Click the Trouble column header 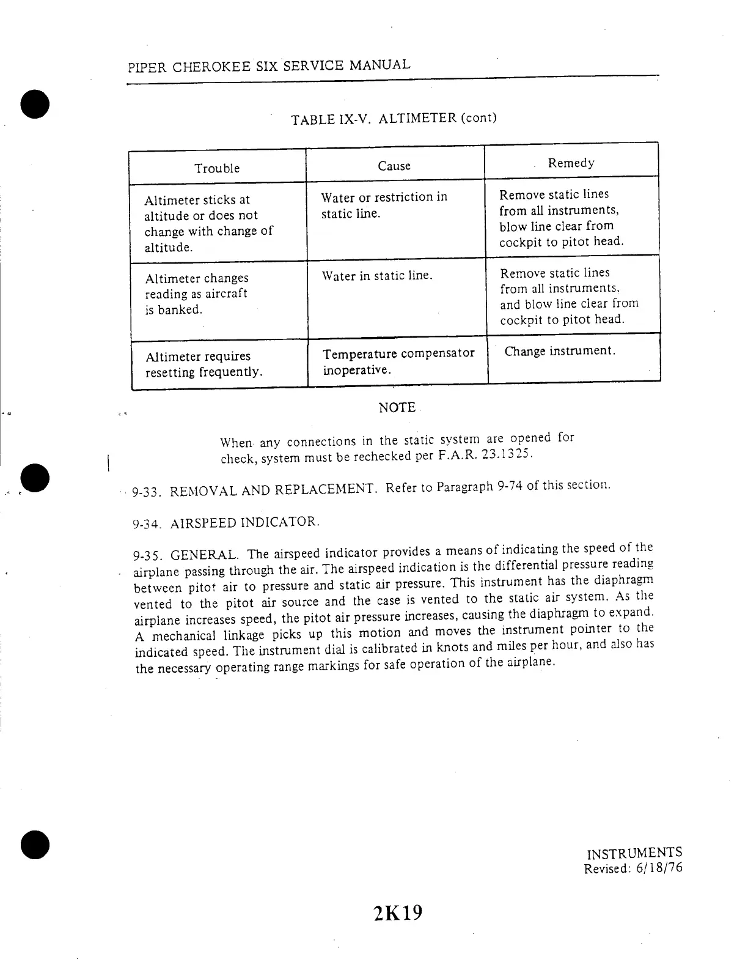coord(217,168)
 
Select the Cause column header coord(394,166)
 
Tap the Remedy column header coord(571,163)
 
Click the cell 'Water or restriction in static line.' coord(384,205)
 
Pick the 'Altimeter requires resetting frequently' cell coord(204,364)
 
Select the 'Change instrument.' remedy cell coord(560,351)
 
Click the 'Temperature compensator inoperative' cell coord(398,362)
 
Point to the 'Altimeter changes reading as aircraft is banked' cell coord(196,294)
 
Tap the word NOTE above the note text coord(397,408)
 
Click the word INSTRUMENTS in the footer coord(634,853)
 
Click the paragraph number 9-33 coord(146,492)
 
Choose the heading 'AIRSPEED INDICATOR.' coord(244,523)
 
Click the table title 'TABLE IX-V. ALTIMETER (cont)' coord(394,118)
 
